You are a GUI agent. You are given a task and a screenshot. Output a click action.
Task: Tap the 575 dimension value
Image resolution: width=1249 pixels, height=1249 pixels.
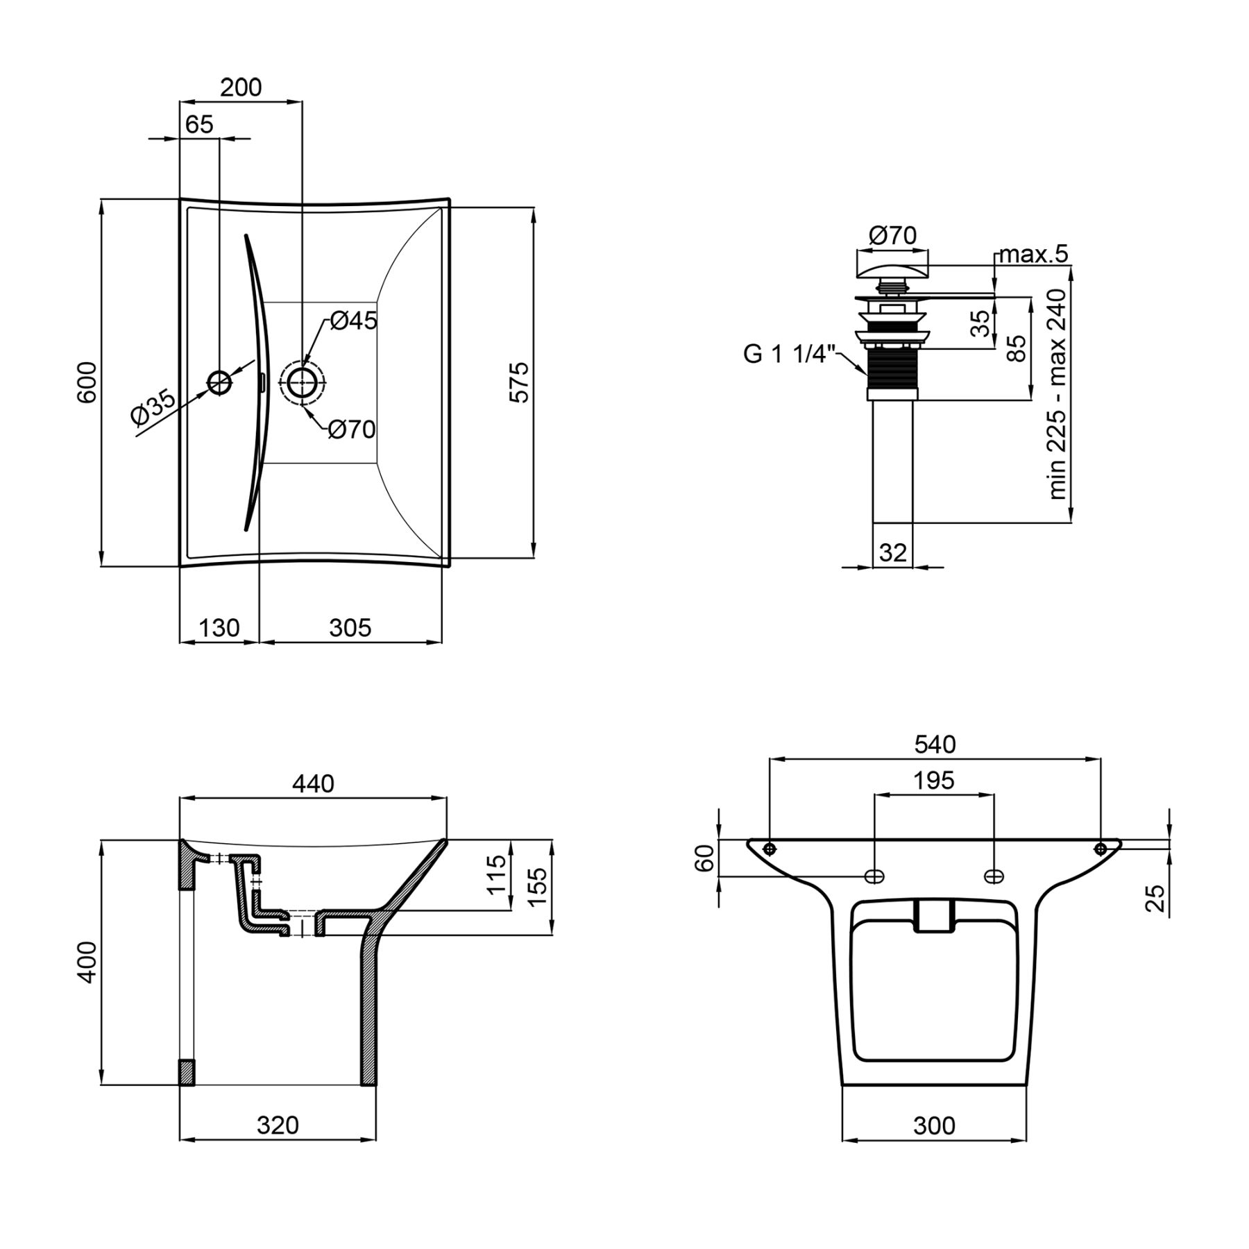(x=520, y=382)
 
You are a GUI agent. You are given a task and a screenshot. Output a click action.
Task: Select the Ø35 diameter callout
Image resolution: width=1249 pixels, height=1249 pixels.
(x=153, y=407)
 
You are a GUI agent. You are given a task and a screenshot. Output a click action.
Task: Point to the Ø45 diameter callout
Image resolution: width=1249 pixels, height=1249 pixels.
(x=353, y=321)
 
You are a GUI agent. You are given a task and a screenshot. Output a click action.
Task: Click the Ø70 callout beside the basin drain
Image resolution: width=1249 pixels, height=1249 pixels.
(x=352, y=430)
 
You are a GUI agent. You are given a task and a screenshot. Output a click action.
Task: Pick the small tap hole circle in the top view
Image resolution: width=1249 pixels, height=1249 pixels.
(x=220, y=382)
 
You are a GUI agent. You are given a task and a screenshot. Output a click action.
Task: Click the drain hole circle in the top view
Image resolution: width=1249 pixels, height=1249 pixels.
(x=302, y=382)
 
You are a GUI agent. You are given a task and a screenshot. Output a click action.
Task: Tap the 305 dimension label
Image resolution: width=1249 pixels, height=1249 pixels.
(x=350, y=628)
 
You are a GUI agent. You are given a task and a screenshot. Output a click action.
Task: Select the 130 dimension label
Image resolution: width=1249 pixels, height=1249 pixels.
(x=219, y=628)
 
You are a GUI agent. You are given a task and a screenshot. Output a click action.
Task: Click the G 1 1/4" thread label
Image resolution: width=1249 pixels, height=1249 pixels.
(x=788, y=354)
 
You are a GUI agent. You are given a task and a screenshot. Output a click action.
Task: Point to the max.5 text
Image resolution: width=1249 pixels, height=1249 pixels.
(x=1033, y=255)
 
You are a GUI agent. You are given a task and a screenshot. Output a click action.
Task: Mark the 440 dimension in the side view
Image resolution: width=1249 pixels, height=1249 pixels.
(x=313, y=783)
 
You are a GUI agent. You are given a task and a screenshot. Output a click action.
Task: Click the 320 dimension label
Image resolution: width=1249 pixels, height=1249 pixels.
(x=278, y=1125)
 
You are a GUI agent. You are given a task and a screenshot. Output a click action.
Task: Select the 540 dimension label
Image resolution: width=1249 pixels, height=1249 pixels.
(x=935, y=744)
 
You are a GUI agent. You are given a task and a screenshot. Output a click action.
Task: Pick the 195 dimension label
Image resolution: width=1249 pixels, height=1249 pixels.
(x=934, y=781)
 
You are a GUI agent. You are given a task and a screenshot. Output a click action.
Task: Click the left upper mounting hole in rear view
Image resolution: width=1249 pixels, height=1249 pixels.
(x=770, y=849)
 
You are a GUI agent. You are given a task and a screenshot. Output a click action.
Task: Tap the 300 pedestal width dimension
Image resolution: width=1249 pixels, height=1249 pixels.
(x=934, y=1125)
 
